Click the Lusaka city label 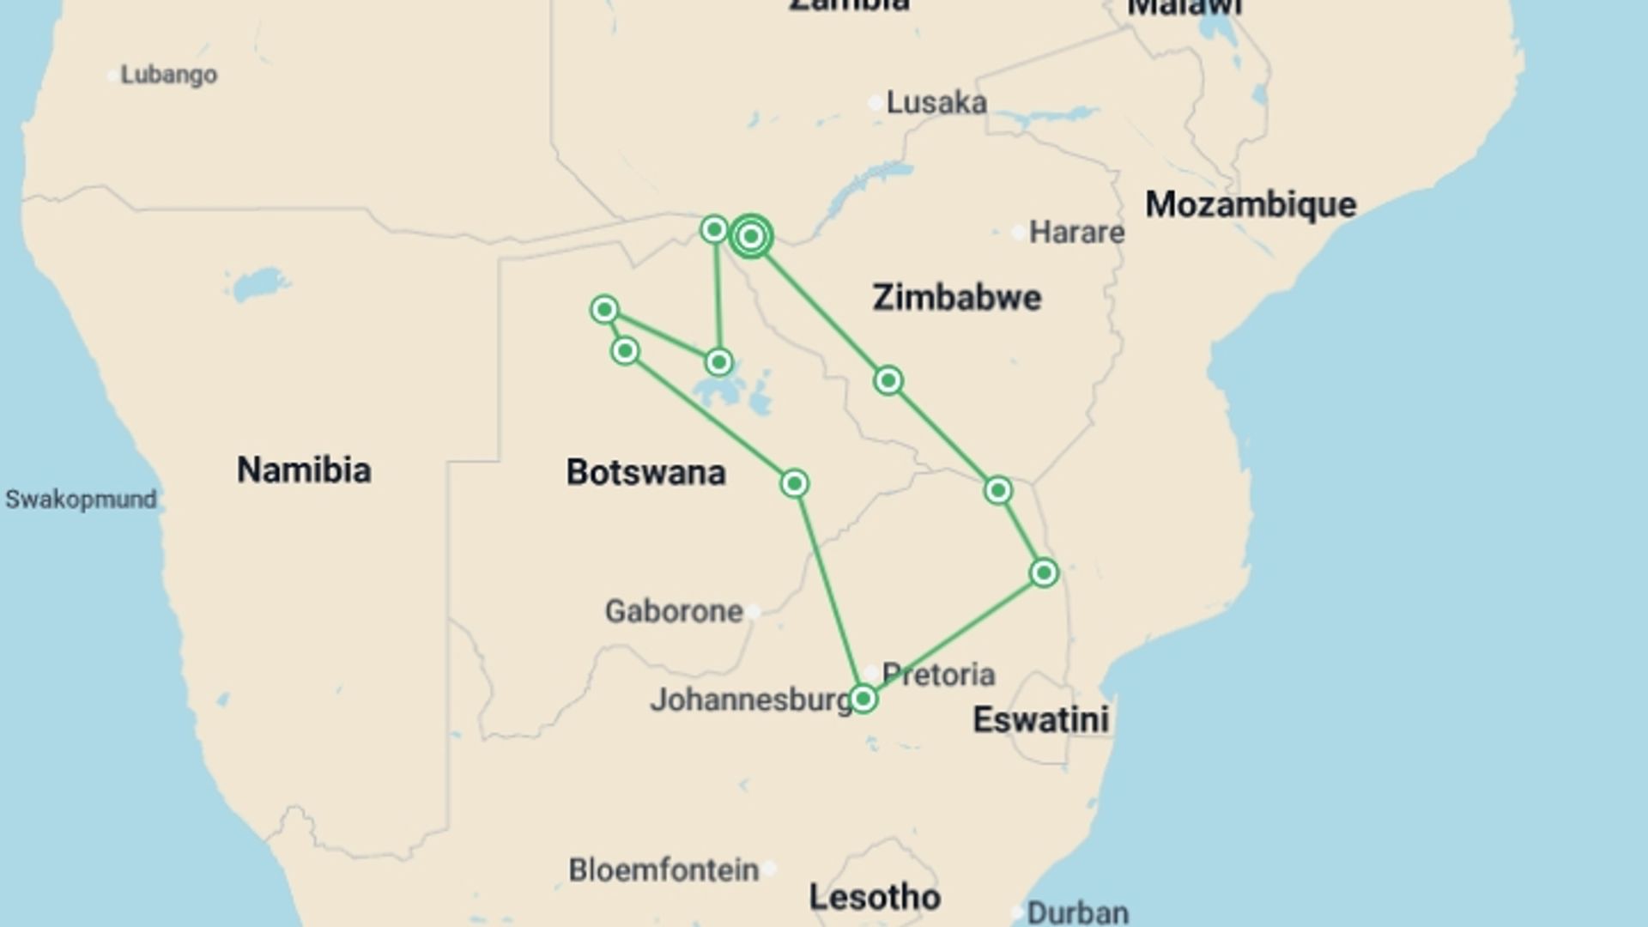click(936, 103)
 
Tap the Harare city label click(1075, 232)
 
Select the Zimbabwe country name click(956, 298)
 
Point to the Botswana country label click(645, 473)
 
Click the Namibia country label click(304, 470)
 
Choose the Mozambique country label click(1251, 205)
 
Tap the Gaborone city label click(674, 612)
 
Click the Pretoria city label click(938, 675)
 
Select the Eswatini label click(1040, 720)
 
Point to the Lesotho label click(875, 898)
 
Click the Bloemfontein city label click(663, 870)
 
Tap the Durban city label click(1077, 912)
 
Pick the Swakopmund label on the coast click(81, 500)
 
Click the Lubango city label click(168, 76)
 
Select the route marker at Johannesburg click(863, 700)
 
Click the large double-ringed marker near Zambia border click(751, 236)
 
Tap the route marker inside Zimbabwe click(888, 380)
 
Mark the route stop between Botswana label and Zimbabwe click(794, 484)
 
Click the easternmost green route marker click(1044, 573)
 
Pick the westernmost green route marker click(604, 310)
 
